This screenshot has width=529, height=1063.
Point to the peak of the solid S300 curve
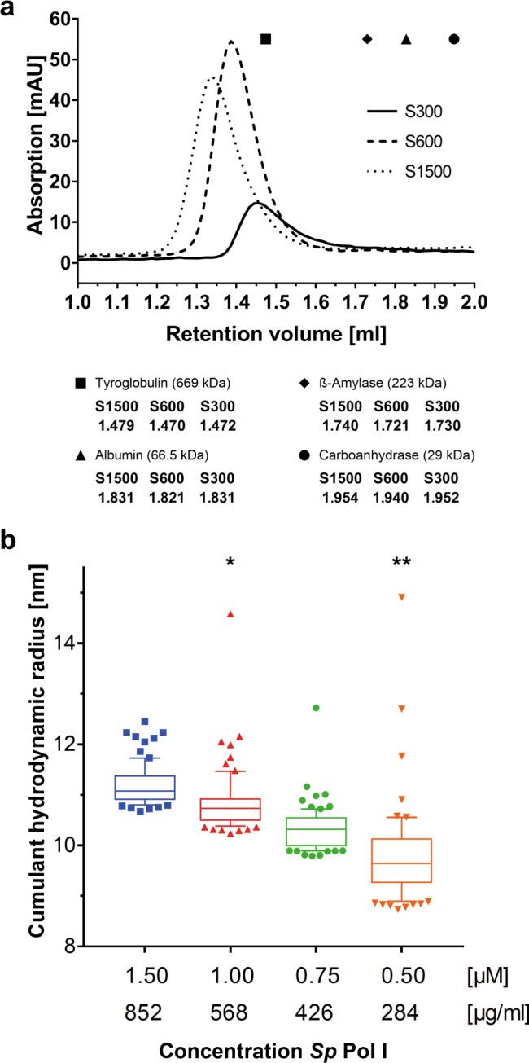pos(256,202)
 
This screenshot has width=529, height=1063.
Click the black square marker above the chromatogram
pos(265,39)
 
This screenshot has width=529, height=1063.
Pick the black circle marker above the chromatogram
pos(454,39)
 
